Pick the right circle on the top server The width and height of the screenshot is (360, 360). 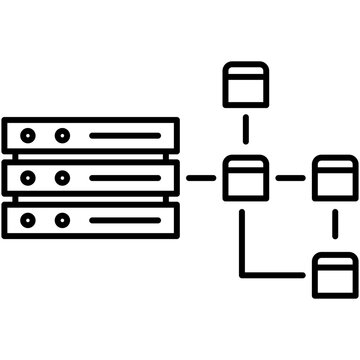pyautogui.click(x=62, y=134)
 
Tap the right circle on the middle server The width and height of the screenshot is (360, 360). pyautogui.click(x=62, y=177)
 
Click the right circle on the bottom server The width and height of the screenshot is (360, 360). pyautogui.click(x=62, y=219)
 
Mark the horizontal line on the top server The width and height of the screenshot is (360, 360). pyautogui.click(x=124, y=134)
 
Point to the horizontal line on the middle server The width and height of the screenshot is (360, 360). pyautogui.click(x=124, y=177)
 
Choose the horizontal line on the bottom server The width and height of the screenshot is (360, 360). pyautogui.click(x=124, y=219)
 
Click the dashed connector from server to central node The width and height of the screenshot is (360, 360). pyautogui.click(x=201, y=177)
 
